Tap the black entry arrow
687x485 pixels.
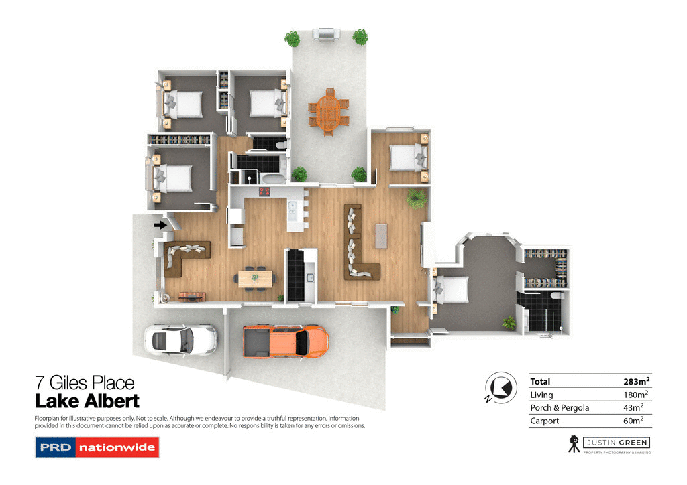click(x=160, y=225)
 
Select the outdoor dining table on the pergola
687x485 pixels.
click(x=328, y=112)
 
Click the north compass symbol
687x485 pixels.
click(x=500, y=387)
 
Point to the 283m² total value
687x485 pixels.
click(x=637, y=382)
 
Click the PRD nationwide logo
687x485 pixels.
click(x=97, y=447)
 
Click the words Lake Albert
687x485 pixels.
click(x=87, y=401)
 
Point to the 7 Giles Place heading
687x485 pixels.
click(x=85, y=384)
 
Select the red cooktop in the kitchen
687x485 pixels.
click(x=264, y=192)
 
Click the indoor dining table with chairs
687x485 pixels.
click(x=256, y=277)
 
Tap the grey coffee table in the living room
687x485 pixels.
click(x=382, y=235)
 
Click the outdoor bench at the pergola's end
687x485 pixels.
click(x=327, y=34)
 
